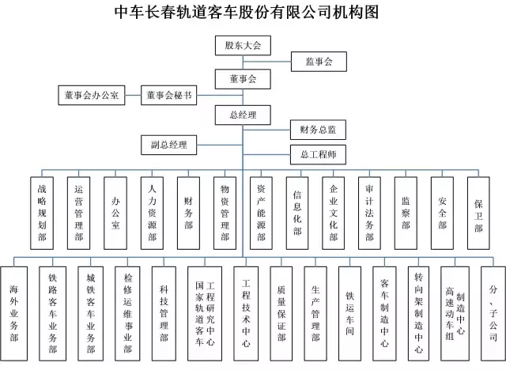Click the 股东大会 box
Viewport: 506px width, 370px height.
243,46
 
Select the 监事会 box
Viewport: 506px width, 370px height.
319,62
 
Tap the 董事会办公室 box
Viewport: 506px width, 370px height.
92,95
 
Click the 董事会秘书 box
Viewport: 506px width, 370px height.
168,95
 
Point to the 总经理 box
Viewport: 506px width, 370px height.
243,115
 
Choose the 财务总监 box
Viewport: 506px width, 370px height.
318,130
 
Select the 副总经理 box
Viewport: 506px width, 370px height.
168,145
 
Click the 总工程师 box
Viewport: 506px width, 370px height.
318,154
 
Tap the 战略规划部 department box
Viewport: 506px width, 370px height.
42,213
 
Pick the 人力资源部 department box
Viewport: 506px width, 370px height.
152,213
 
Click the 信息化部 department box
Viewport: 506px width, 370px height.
297,213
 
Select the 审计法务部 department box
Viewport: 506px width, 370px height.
369,213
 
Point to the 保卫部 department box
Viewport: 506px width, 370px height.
478,213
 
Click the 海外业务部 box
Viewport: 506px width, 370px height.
14,314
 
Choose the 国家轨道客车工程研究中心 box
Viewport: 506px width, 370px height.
205,314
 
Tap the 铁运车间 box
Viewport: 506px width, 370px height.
349,314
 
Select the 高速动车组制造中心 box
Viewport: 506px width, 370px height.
455,314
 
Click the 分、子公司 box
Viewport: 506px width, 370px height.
493,314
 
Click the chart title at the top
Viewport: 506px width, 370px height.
247,12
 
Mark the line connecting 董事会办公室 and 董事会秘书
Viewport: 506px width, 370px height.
133,95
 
